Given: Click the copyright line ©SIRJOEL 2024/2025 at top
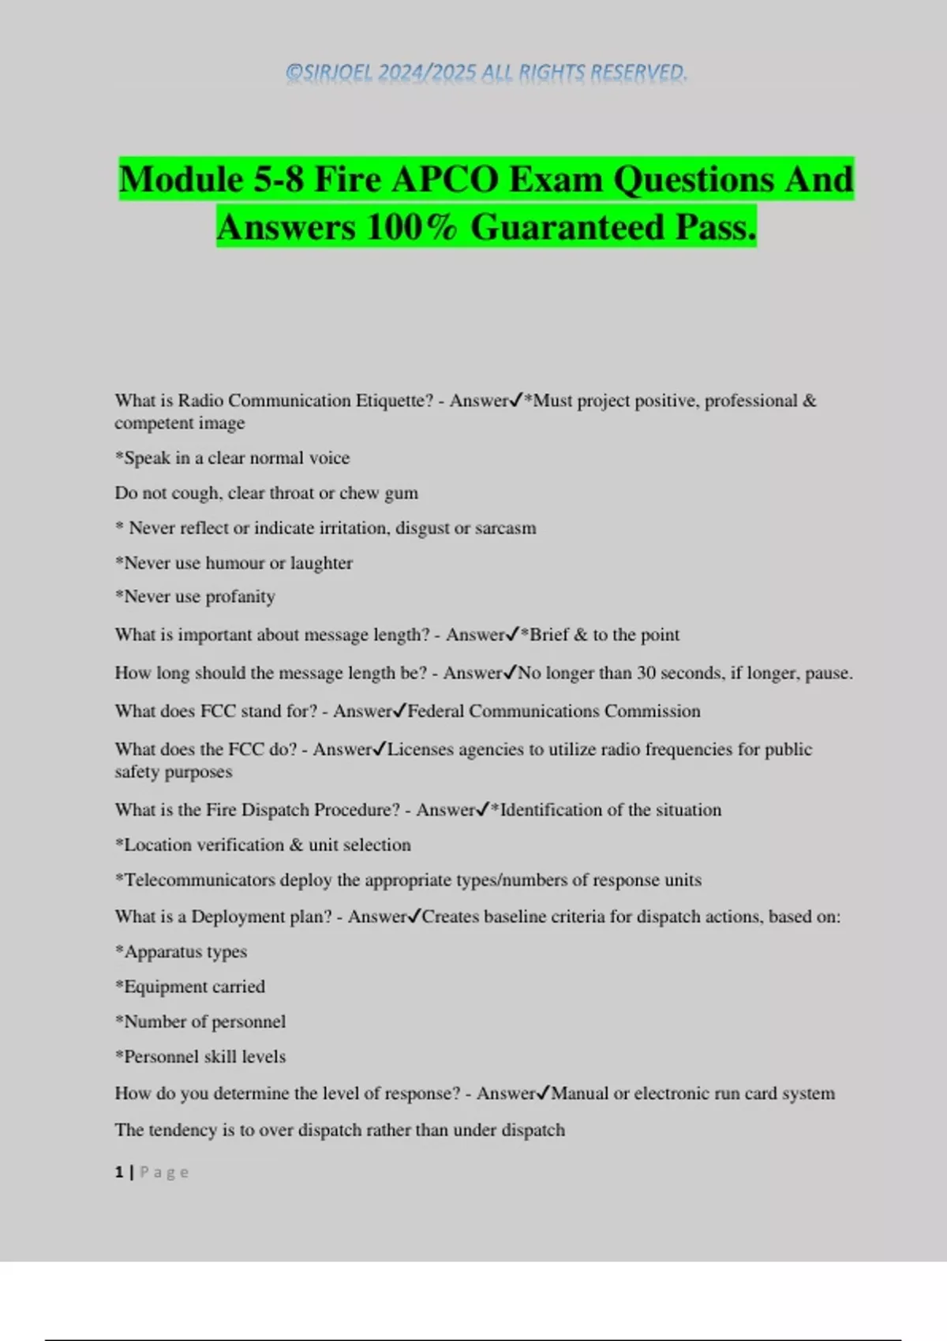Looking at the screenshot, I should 486,73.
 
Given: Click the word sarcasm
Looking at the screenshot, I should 505,528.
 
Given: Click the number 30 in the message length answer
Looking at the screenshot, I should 646,673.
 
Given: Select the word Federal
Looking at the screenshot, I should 436,712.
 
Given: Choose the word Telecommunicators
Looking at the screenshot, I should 200,880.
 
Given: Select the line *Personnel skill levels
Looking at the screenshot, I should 200,1057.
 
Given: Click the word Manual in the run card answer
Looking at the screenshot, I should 579,1093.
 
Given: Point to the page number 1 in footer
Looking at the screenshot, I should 119,1172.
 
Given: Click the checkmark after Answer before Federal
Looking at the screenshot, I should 399,712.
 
